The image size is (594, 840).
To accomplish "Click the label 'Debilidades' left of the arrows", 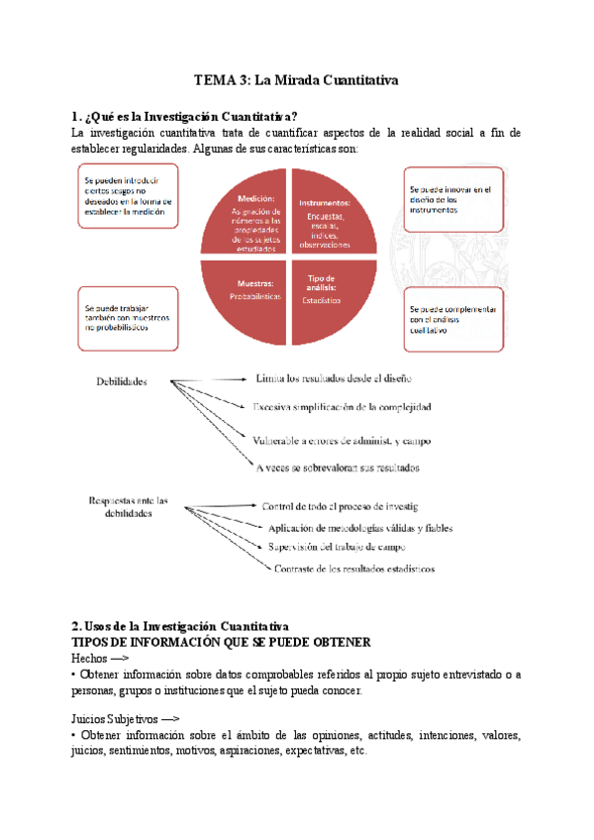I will [122, 380].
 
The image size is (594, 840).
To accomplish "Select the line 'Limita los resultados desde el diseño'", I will [334, 378].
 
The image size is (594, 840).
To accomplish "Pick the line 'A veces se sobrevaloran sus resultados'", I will [338, 467].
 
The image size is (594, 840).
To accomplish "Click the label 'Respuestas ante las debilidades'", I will [128, 507].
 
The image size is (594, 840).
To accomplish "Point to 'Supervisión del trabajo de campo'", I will [336, 547].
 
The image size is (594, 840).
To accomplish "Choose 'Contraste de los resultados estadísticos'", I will [353, 569].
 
